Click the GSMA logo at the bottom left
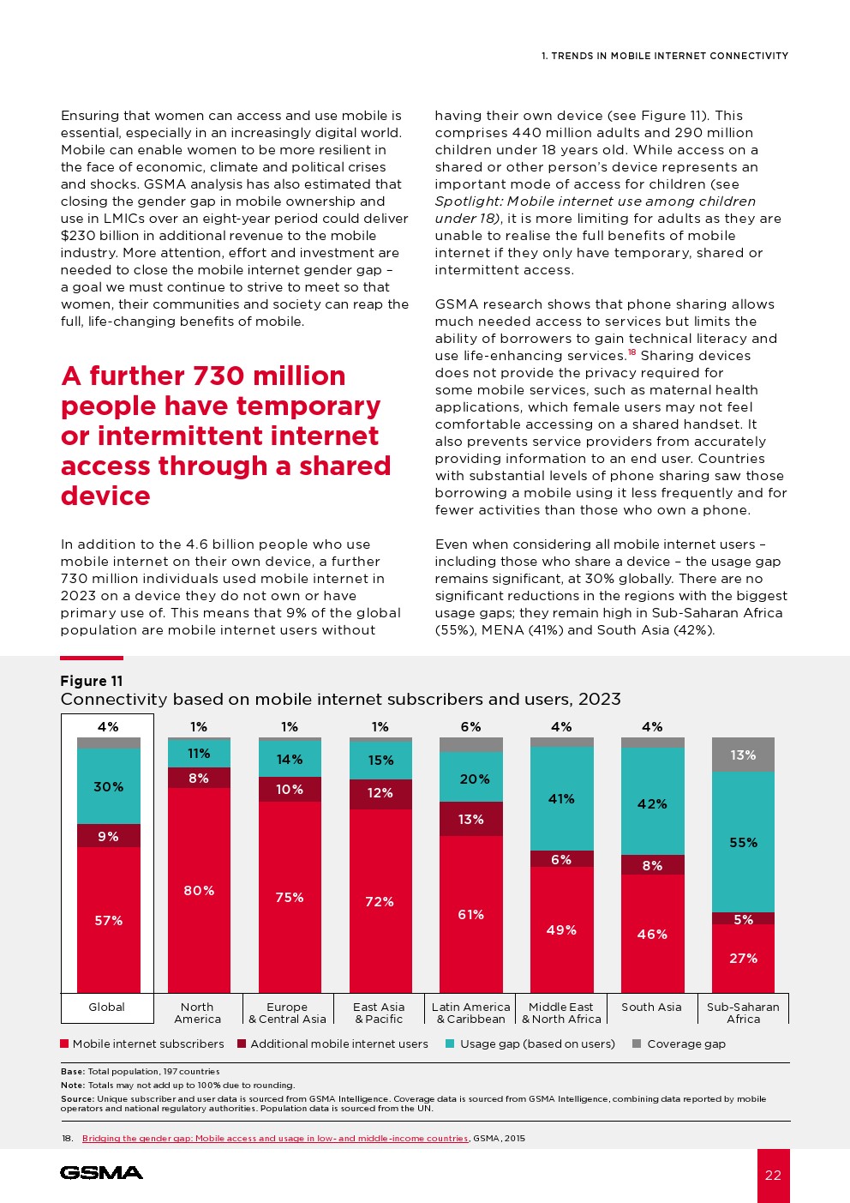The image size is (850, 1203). click(101, 1172)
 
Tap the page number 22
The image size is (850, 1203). click(773, 1175)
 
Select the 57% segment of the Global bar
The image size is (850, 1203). click(109, 920)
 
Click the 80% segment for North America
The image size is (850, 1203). click(199, 890)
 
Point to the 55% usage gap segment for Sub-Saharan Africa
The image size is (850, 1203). click(743, 842)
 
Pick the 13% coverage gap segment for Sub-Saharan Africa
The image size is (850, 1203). click(743, 755)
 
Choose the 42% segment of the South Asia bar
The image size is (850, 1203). click(652, 803)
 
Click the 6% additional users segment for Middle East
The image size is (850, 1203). click(561, 859)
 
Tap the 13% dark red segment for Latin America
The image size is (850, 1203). click(470, 819)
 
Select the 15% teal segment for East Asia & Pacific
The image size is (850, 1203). click(380, 760)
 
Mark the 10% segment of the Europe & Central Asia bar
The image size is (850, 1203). click(290, 789)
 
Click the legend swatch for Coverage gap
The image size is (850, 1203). click(637, 1044)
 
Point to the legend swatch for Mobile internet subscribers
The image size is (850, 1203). click(64, 1044)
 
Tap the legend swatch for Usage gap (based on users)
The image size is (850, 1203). click(450, 1044)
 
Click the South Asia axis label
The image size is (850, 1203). click(651, 1007)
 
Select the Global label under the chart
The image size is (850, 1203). click(107, 1007)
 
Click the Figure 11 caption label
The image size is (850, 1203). click(92, 681)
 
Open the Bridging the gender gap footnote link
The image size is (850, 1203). click(275, 1138)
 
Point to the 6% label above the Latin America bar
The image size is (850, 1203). click(470, 726)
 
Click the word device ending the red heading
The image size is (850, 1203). click(105, 496)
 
